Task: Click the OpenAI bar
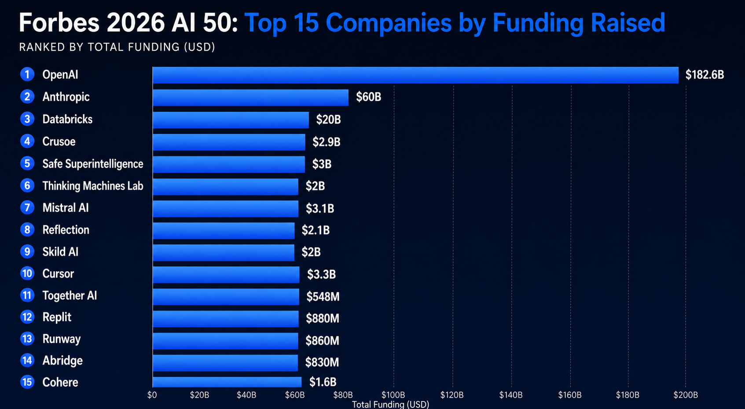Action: (x=415, y=75)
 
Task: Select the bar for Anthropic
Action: (x=250, y=97)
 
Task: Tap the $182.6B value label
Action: (x=704, y=75)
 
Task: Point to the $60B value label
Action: (x=368, y=97)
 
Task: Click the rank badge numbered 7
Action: (x=27, y=207)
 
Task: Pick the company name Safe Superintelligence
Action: (x=92, y=164)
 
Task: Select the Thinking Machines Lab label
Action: (x=92, y=186)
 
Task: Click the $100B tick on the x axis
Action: (x=393, y=395)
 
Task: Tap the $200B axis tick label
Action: (x=685, y=395)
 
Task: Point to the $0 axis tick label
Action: (x=152, y=395)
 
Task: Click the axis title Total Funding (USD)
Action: (x=390, y=404)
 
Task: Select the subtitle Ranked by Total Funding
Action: (x=117, y=47)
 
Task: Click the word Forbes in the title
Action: (x=59, y=23)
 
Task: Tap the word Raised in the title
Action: (x=628, y=23)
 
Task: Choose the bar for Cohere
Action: (x=227, y=382)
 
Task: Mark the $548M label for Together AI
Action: (x=323, y=297)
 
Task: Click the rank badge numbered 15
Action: (x=27, y=382)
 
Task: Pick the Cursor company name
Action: (x=58, y=274)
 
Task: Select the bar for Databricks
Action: (x=231, y=120)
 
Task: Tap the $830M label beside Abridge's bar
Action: (x=322, y=362)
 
